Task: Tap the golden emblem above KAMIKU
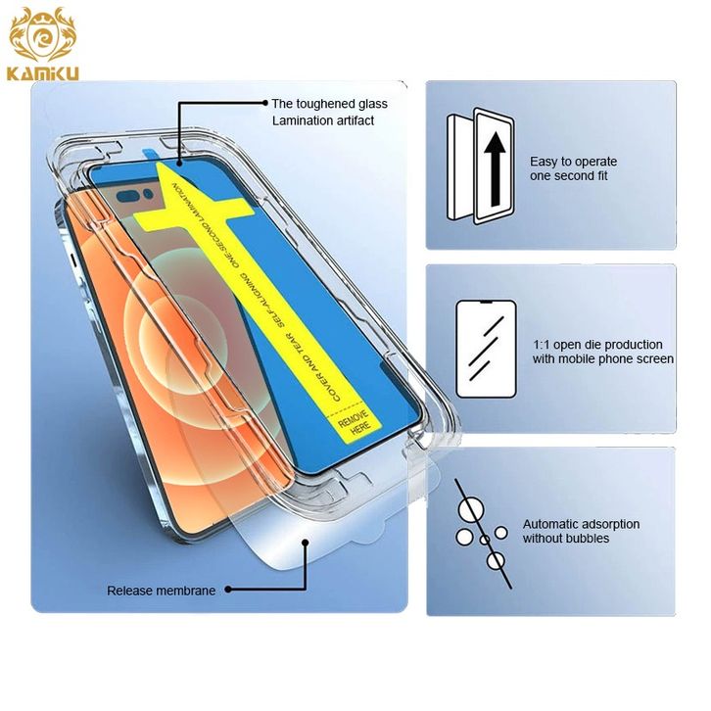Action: coord(41,35)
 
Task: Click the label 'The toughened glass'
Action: coord(329,104)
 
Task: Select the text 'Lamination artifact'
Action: coord(322,120)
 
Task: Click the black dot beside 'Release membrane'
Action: coord(227,591)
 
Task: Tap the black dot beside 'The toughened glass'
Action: coord(265,102)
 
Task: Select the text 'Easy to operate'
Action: coord(573,161)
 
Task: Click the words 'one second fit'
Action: coord(569,177)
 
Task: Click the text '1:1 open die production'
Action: coord(597,345)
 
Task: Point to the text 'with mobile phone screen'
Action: coord(602,359)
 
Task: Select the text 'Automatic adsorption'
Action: coord(581,524)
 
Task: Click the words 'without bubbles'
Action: coord(566,539)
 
